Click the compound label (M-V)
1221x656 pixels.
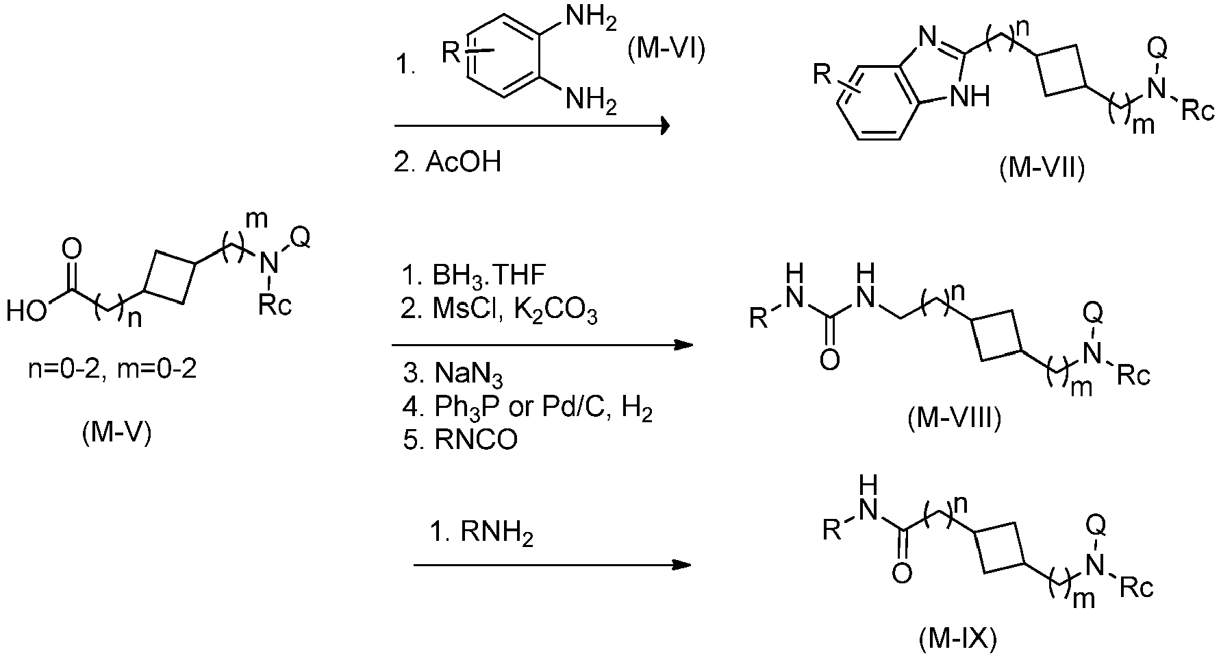tap(116, 434)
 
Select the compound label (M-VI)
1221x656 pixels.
tap(666, 52)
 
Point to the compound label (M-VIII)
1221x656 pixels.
tap(954, 418)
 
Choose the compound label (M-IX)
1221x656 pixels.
tap(957, 639)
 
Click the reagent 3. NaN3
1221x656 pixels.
tap(454, 374)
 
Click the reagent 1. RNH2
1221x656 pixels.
tap(481, 533)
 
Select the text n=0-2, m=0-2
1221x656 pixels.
tap(112, 370)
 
